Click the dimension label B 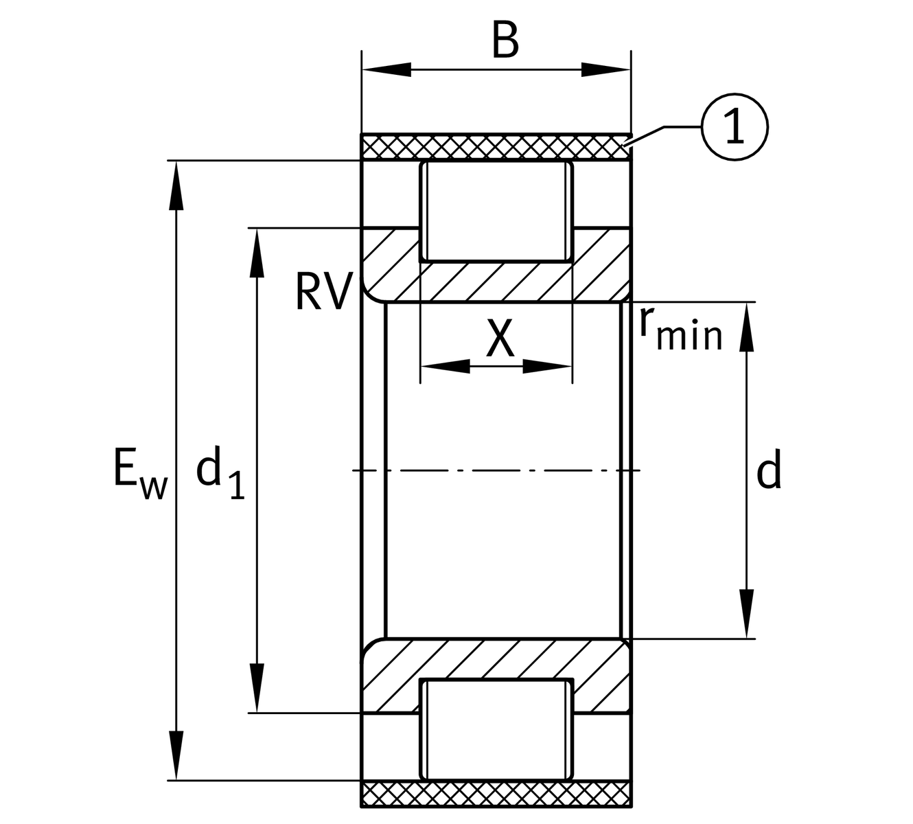click(505, 42)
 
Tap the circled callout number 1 click(735, 127)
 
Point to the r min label click(680, 330)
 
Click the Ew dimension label click(139, 474)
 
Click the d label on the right click(769, 472)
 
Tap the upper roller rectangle click(496, 211)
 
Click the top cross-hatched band click(496, 147)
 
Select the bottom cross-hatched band click(496, 794)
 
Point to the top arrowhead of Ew click(177, 184)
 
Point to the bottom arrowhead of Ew click(177, 755)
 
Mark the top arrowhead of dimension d click(747, 327)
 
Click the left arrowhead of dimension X click(445, 366)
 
